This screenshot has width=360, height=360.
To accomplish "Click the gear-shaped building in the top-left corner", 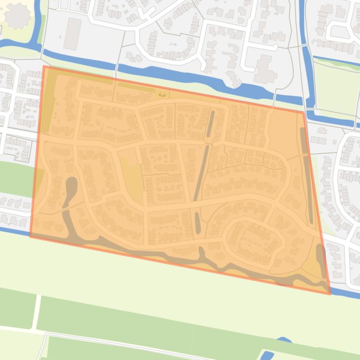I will tap(17, 16).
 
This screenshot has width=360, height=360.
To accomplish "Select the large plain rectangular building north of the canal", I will tap(72, 34).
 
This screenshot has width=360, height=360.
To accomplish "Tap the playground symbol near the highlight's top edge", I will tap(162, 95).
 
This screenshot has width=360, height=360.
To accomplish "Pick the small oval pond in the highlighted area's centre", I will tap(197, 223).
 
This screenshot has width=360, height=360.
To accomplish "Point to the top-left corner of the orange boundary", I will tap(44, 66).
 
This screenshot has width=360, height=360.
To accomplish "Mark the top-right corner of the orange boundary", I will tap(304, 112).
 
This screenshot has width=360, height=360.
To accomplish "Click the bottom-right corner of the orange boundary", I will tap(330, 294).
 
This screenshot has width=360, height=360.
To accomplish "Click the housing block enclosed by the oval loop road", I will tap(255, 241).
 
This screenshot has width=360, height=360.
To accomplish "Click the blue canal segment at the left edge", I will tap(14, 44).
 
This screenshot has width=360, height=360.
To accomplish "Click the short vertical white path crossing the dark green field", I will tap(37, 311).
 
